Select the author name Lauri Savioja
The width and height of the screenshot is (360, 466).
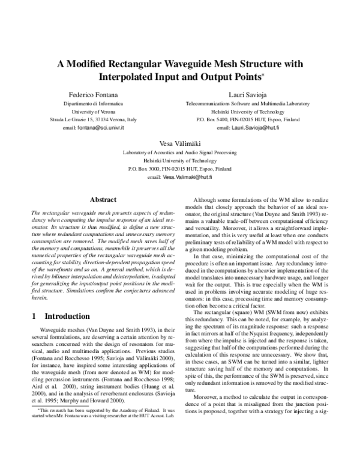point(247,95)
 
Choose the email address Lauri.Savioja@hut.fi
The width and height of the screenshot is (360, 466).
point(256,129)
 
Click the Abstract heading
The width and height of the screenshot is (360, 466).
point(102,199)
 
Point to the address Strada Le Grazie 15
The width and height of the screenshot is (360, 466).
point(69,120)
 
